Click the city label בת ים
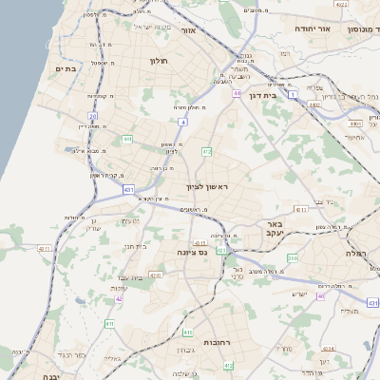pos(65,68)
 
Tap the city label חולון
pos(158,61)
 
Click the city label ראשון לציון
pos(208,186)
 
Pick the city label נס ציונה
pos(192,253)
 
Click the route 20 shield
pos(93,116)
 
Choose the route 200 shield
pos(293,257)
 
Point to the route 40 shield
pos(320,295)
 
